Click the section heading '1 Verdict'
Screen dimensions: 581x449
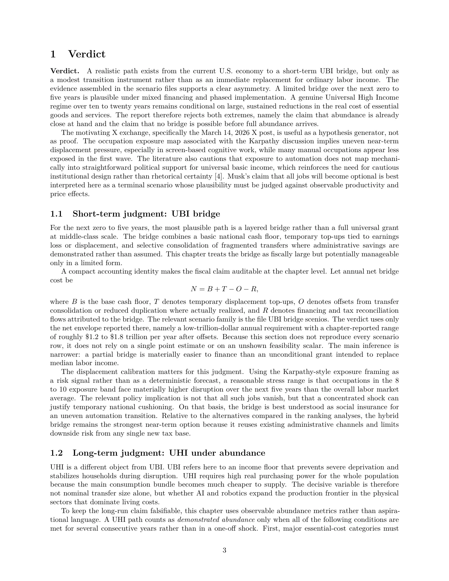[78, 54]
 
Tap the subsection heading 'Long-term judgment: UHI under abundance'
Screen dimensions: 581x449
[169, 453]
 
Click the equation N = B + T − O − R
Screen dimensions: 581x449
[224, 289]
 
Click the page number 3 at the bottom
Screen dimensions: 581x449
[224, 550]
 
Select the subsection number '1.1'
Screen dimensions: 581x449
[56, 214]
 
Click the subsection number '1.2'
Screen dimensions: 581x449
[56, 453]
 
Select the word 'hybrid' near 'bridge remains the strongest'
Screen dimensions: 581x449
[388, 416]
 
